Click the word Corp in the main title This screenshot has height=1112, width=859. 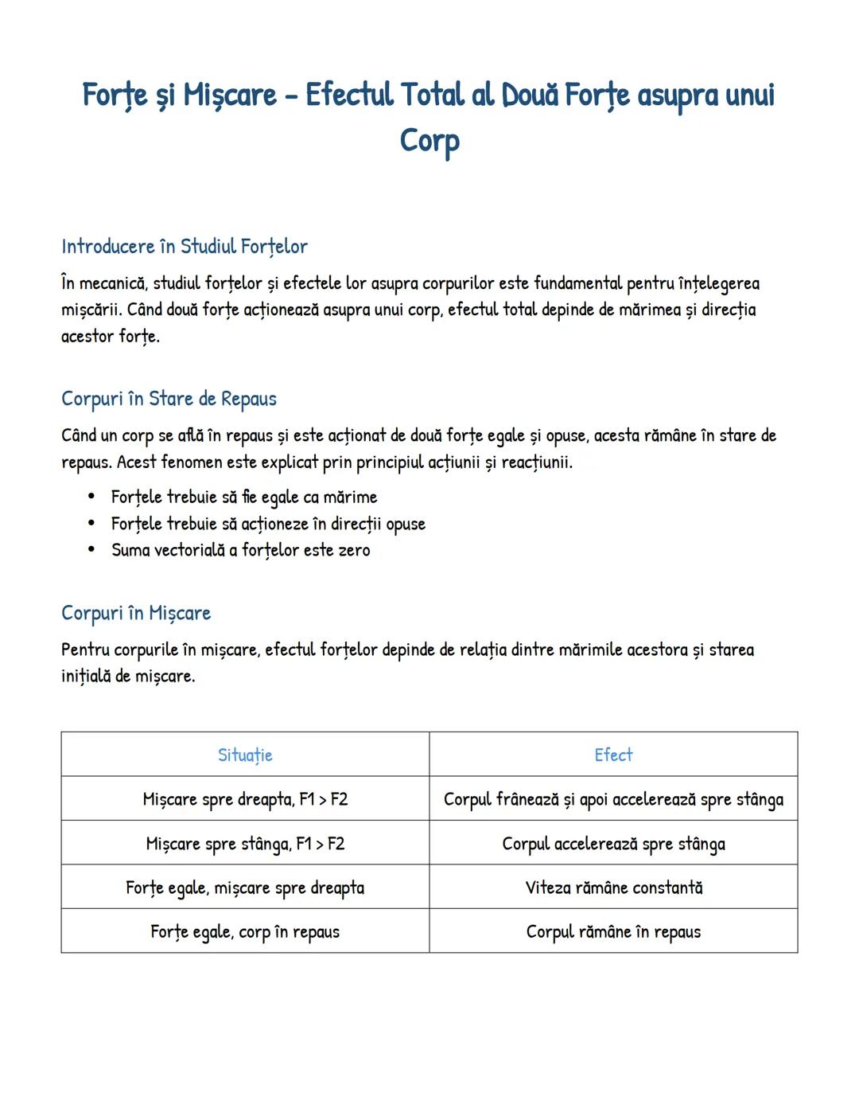429,141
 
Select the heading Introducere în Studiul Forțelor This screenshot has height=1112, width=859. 185,247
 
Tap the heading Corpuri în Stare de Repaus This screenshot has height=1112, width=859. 169,399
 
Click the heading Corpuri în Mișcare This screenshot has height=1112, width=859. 136,613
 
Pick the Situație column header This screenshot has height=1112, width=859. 245,755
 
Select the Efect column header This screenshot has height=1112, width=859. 613,755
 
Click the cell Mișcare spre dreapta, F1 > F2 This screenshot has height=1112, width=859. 245,799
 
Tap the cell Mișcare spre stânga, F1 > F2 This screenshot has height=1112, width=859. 245,844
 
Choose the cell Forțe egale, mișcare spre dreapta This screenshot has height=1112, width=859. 245,888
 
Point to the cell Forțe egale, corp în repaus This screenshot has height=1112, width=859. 245,931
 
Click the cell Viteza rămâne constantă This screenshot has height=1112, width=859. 613,888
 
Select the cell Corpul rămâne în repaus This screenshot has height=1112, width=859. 613,931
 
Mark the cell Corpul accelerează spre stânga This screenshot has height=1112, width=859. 613,844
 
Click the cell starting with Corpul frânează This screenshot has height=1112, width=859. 613,799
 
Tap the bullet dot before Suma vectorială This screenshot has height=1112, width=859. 91,550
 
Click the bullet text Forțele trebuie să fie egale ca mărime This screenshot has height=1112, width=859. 244,497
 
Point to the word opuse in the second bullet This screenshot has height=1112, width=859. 406,524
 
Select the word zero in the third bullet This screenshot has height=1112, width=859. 354,550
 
